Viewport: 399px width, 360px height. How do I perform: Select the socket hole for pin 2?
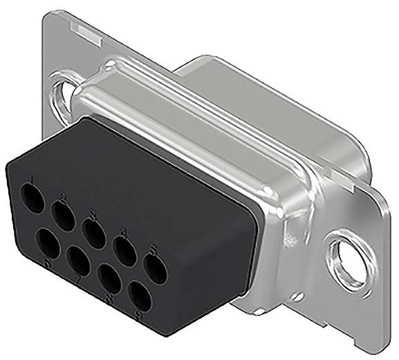tap(64, 216)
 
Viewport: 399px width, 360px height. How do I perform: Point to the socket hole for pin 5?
tap(155, 269)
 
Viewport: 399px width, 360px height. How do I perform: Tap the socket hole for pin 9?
tap(140, 298)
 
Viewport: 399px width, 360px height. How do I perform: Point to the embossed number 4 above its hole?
tap(122, 232)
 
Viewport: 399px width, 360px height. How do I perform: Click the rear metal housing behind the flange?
tap(228, 90)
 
